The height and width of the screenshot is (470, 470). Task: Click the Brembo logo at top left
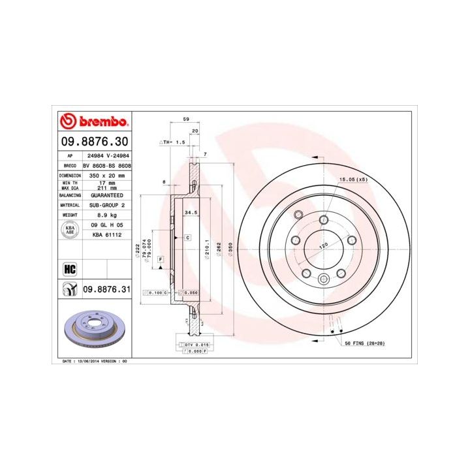[x=94, y=122]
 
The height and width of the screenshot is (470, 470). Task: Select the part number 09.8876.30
[x=94, y=141]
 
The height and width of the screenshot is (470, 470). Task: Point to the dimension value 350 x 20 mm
[x=106, y=176]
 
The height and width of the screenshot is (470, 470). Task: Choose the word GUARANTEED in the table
[x=106, y=195]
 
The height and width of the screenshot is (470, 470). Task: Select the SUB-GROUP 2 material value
[x=106, y=205]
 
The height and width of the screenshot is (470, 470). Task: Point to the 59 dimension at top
[x=185, y=119]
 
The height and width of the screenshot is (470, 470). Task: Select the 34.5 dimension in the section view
[x=191, y=213]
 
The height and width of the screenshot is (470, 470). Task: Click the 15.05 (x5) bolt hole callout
[x=352, y=179]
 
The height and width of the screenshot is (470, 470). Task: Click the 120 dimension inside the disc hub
[x=322, y=247]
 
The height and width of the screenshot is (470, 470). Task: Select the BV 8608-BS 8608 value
[x=106, y=167]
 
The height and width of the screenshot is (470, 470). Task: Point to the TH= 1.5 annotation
[x=173, y=141]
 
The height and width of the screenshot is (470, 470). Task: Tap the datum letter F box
[x=160, y=259]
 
